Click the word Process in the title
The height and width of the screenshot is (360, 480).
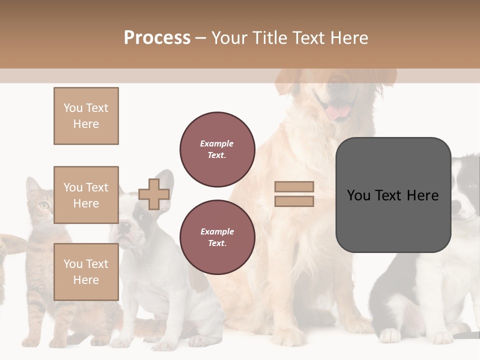[157, 38]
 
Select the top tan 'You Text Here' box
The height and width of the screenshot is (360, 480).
[86, 116]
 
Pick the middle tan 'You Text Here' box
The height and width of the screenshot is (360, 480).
[86, 195]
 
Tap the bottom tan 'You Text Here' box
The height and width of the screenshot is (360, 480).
[86, 272]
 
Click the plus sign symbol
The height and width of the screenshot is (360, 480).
[154, 194]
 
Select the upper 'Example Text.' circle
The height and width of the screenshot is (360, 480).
[217, 149]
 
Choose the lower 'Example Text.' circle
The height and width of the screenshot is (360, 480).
[217, 237]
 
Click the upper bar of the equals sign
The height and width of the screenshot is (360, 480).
[294, 186]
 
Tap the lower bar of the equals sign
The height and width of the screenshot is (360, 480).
[294, 201]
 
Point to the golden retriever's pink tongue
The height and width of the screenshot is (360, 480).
[339, 111]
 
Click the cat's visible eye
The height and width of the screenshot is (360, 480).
[44, 204]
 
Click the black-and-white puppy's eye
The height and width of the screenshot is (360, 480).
[472, 185]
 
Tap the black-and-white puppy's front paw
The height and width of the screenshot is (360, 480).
[390, 335]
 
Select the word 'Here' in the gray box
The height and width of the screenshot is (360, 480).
[422, 195]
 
